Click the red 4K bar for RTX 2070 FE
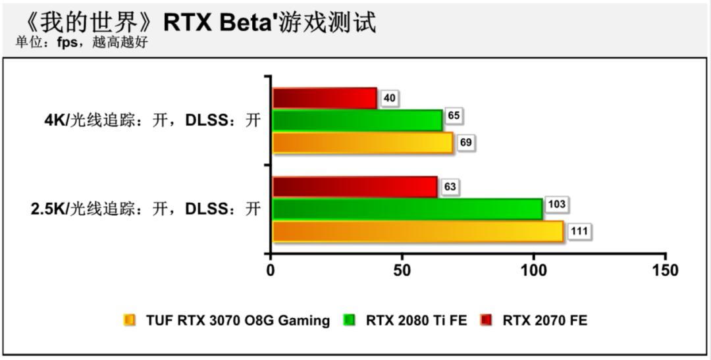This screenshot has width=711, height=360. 324,99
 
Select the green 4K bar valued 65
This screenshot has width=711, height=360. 356,120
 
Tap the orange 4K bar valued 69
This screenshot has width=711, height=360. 362,143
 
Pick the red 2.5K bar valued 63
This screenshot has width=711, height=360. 354,187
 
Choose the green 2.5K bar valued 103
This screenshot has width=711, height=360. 407,209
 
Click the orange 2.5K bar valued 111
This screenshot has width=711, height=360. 417,232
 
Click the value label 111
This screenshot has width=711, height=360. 580,232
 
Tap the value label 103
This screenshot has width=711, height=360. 556,205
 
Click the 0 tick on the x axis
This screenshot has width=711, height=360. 271,270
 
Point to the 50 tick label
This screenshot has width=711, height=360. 402,270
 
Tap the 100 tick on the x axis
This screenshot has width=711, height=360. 534,270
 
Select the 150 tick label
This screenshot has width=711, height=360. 665,270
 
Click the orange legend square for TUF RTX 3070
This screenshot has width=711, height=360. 129,321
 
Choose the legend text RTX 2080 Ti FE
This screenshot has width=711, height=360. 416,321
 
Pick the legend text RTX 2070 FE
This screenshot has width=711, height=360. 544,321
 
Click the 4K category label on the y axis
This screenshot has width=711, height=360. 149,121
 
